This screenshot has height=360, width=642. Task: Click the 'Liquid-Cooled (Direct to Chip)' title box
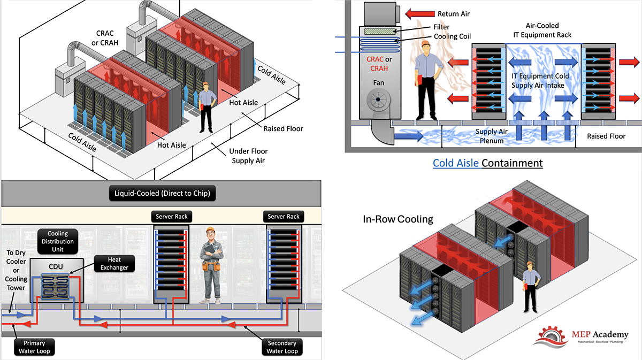click(162, 193)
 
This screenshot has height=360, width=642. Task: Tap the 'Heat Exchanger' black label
click(114, 263)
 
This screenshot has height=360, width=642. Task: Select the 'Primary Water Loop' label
click(34, 347)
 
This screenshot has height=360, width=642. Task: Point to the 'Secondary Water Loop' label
click(282, 347)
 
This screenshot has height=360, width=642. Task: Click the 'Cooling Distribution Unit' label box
click(58, 241)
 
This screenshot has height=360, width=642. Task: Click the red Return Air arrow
click(420, 13)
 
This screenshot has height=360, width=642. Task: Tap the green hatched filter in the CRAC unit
click(380, 31)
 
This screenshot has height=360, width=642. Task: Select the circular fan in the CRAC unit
click(378, 99)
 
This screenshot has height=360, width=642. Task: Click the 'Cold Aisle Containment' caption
click(487, 163)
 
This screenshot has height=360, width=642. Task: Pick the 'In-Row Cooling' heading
click(398, 219)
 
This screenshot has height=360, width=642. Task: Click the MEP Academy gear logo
click(551, 338)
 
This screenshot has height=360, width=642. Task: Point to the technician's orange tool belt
click(211, 265)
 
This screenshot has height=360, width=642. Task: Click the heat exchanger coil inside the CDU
click(55, 286)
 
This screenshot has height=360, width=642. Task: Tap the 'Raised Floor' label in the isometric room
click(283, 129)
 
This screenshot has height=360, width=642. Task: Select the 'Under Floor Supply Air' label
click(248, 156)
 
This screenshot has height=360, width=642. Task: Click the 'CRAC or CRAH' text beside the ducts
click(105, 38)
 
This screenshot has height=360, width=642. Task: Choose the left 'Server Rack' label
click(172, 217)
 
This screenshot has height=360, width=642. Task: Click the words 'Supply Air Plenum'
click(492, 136)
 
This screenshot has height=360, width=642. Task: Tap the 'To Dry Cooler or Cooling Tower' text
click(16, 270)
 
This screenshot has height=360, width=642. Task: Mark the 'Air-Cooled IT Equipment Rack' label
click(542, 30)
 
